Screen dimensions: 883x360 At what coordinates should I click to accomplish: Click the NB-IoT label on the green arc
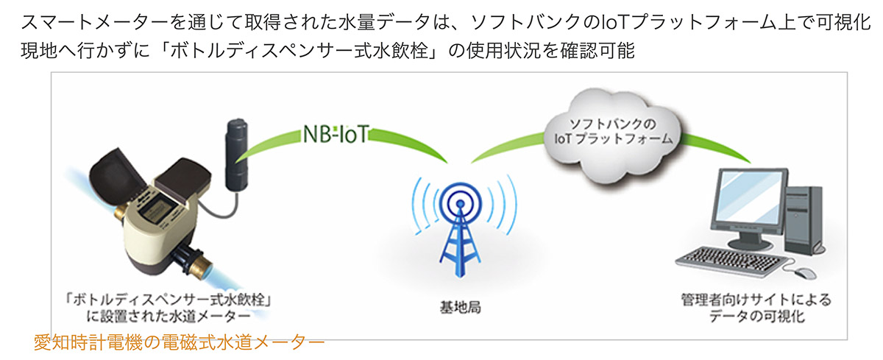point(336,134)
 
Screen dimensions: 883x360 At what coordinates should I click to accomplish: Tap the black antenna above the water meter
point(236,155)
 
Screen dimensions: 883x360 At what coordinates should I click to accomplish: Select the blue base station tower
point(460,229)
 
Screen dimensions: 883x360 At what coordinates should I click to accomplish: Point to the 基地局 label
point(460,308)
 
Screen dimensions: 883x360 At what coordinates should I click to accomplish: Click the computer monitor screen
point(752,197)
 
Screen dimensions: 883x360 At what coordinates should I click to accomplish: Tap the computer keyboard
point(732,261)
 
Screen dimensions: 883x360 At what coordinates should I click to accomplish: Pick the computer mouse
point(805,273)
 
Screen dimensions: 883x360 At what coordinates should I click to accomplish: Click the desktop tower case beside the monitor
point(804,221)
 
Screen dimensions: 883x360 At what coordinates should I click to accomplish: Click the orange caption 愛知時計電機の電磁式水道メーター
point(179,342)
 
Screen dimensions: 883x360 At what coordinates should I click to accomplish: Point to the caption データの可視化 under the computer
point(757,317)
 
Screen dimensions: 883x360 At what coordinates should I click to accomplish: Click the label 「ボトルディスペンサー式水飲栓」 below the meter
point(169,300)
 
